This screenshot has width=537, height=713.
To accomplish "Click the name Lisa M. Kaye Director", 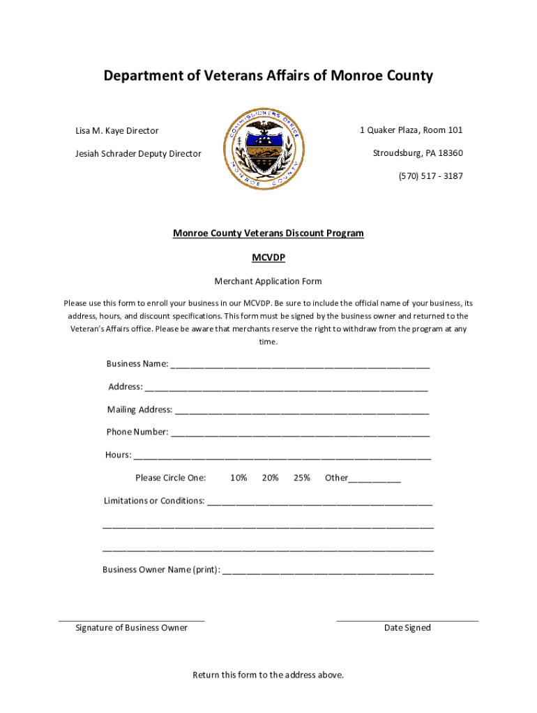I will click(x=116, y=131).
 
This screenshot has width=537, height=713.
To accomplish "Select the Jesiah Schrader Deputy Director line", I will click(x=138, y=154).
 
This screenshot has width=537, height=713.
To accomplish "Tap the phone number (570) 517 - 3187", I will click(x=430, y=176).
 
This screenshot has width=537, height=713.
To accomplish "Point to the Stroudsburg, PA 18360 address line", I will click(x=417, y=153).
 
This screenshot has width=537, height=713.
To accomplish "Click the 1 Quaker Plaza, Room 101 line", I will click(x=411, y=130).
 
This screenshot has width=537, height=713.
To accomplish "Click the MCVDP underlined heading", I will click(x=268, y=258).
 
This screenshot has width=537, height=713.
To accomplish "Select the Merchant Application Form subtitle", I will click(x=268, y=281).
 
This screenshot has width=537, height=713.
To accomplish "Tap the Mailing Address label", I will click(x=139, y=409).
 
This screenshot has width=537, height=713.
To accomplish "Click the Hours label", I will click(x=118, y=455).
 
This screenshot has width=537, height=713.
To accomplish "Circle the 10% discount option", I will click(x=239, y=478).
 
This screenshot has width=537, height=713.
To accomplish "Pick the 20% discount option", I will click(x=271, y=478).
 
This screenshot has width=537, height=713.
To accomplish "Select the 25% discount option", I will click(x=302, y=478).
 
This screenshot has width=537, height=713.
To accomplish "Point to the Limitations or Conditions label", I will click(x=154, y=501).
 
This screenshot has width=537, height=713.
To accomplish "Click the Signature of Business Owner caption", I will click(x=131, y=628).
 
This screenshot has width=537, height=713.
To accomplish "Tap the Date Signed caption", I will click(x=407, y=628).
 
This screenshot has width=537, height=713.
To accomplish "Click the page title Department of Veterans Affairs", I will click(x=268, y=76).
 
